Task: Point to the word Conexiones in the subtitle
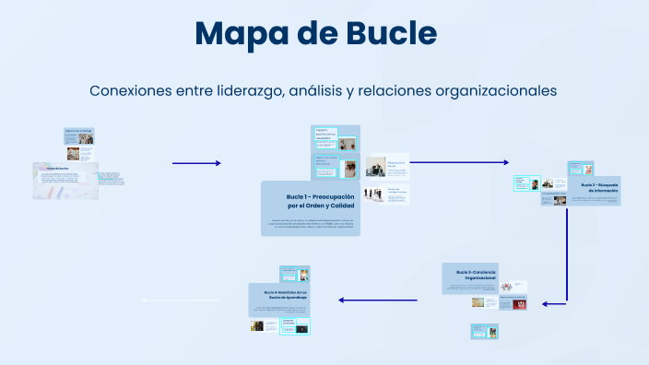(132, 91)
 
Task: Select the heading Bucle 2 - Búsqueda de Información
(599, 188)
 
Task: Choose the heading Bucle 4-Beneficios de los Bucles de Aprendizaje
(278, 295)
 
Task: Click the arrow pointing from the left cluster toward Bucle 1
(196, 163)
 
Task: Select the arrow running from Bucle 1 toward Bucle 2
(459, 162)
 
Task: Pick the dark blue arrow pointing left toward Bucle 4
(378, 300)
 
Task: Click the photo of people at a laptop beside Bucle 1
(375, 167)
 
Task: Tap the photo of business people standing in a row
(375, 194)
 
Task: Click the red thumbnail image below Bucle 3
(519, 302)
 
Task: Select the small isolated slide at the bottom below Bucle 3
(484, 330)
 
